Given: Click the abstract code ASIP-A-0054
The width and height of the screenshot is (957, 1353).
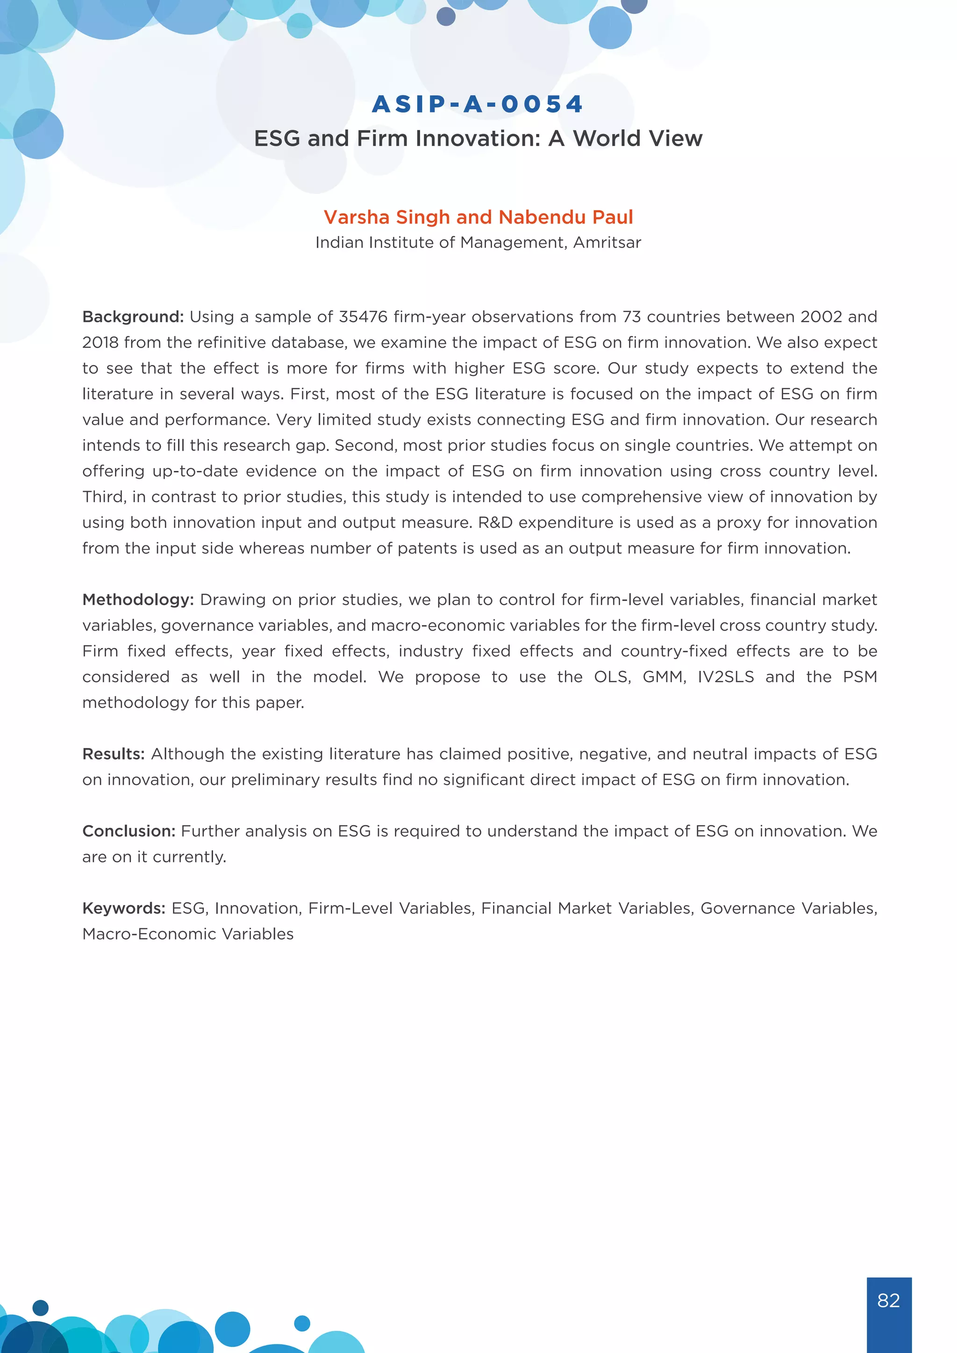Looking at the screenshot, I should click(477, 104).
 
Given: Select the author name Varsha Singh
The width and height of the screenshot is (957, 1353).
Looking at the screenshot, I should click(386, 217).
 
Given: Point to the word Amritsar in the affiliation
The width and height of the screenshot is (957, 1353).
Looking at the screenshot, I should click(607, 243).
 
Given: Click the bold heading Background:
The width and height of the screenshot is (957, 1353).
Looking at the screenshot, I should click(133, 317).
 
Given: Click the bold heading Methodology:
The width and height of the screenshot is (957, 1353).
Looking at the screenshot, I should click(138, 600).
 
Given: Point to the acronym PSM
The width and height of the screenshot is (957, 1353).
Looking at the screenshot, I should click(860, 677).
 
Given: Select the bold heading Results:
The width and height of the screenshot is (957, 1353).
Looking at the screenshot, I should click(113, 754).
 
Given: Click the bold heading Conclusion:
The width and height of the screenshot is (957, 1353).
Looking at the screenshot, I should click(129, 832).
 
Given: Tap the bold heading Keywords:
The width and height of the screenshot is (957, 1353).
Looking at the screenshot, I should click(124, 909).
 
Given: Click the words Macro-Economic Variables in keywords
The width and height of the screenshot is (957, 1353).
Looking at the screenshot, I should click(188, 934).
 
